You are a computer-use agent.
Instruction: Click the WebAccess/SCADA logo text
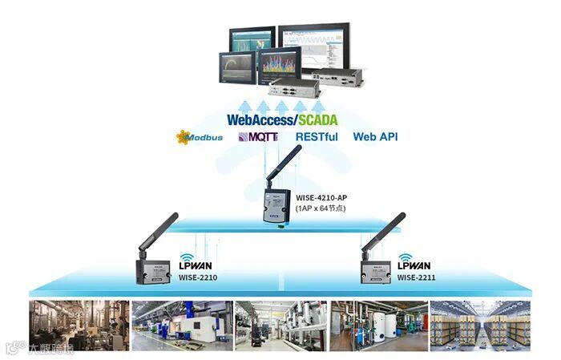281,119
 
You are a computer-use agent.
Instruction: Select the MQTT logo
258,137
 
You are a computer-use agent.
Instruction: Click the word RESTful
317,137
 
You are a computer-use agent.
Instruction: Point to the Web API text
375,137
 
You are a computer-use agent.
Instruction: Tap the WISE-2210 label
197,278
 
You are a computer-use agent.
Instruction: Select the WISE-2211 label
417,278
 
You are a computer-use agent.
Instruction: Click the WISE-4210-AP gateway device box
274,206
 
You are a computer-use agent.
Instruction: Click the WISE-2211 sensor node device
373,270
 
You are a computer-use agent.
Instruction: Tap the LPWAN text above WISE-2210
196,266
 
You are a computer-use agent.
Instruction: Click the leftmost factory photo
79,325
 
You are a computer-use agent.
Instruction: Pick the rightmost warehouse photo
480,325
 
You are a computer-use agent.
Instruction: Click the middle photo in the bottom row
280,325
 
